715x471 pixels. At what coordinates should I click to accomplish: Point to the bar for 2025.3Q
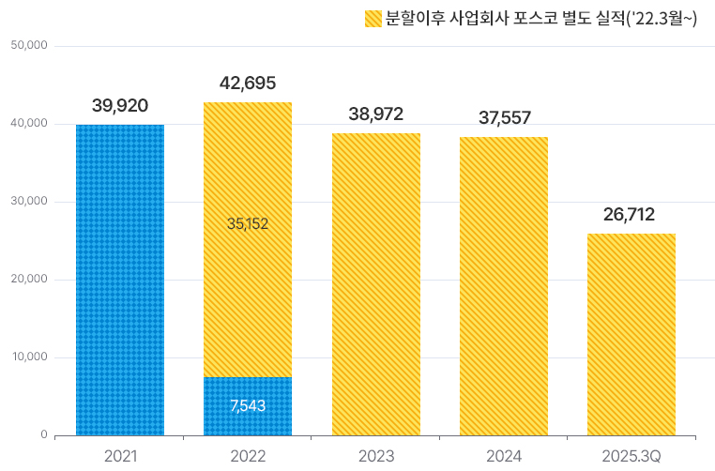[631, 334]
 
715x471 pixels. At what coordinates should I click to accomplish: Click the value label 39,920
[120, 105]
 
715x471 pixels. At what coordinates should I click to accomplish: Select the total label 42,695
[248, 83]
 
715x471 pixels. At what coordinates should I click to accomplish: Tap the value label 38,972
[375, 114]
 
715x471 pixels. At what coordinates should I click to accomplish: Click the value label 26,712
[631, 215]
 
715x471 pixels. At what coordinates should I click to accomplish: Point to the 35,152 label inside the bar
[248, 223]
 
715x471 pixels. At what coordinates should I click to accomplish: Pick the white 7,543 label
[248, 405]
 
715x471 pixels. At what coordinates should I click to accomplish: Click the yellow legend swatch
[372, 19]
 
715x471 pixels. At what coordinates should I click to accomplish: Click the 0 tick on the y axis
[43, 435]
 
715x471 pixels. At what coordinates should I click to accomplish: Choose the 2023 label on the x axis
[375, 456]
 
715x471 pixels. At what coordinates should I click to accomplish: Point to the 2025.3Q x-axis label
[631, 456]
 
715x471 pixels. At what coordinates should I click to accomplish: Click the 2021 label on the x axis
[120, 456]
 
